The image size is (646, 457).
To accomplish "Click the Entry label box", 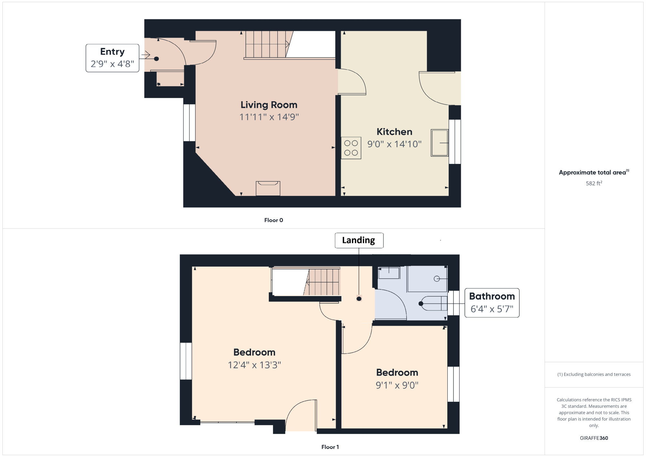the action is coord(112,58).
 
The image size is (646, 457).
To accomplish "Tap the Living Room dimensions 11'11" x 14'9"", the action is coord(269,117).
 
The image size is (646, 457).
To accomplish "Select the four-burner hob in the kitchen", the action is coord(351,148).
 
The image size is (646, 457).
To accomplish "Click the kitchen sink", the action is coord(440,143).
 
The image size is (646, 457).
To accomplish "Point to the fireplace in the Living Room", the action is coord(268,188).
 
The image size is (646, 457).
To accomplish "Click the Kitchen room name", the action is coord(394,132).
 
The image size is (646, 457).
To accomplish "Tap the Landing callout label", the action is coord(359,240).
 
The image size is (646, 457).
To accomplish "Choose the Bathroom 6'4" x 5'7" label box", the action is coord(492,303).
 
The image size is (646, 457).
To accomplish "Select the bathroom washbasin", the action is coord(389,273).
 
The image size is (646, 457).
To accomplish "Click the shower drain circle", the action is coord(437,279).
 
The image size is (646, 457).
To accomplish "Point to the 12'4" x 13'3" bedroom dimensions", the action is coord(255,365).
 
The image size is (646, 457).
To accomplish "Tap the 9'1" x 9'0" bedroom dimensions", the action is coord(397,385).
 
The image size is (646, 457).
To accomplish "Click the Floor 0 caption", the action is coord(274,220).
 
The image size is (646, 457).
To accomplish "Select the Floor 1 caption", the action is coord(330,447).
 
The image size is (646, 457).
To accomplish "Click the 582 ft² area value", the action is coord(594,183).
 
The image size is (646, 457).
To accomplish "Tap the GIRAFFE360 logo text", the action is coord(594,438).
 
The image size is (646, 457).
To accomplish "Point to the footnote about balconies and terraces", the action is coord(594,374).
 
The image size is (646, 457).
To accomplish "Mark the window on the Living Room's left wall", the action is coord(189,123).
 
